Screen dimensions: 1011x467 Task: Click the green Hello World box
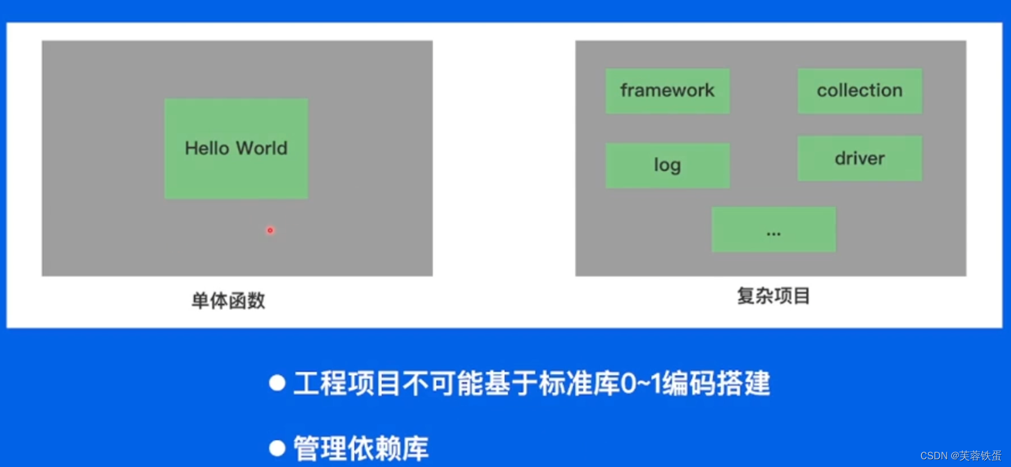point(236,173)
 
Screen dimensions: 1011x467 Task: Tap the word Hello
point(207,148)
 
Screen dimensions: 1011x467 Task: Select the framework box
point(667,90)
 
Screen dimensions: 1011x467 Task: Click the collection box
point(860,90)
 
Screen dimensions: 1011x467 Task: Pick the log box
point(667,165)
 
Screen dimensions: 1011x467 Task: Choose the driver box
point(860,158)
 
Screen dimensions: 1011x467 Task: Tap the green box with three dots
point(773,230)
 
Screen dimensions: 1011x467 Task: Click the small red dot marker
point(270,230)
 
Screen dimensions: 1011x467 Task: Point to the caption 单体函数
point(228,300)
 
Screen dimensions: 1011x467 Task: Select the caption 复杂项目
point(773,296)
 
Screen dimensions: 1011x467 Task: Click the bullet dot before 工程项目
point(277,383)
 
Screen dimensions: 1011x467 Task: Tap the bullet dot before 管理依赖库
point(277,448)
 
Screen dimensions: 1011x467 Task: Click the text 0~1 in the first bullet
point(641,383)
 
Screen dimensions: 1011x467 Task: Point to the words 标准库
point(579,383)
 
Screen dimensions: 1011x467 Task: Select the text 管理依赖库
point(361,449)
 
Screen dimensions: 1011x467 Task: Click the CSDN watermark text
point(934,456)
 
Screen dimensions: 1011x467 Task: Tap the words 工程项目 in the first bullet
point(347,383)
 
